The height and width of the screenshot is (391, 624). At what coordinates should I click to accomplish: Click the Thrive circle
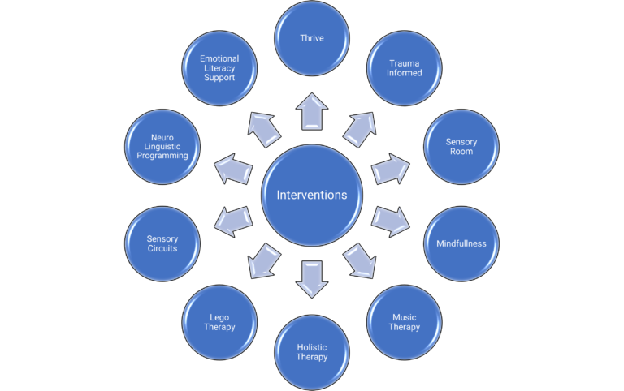click(x=312, y=38)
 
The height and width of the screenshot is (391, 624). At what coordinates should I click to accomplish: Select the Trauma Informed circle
click(x=405, y=68)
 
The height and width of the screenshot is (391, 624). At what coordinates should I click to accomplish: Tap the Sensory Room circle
click(x=461, y=147)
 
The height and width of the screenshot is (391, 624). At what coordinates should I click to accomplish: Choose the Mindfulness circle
click(x=461, y=243)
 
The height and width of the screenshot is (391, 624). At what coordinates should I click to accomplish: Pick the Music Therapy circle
click(x=405, y=322)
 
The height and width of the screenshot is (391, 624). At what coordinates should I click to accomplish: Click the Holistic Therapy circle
click(x=312, y=352)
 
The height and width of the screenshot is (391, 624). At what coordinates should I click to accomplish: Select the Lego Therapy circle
click(x=219, y=322)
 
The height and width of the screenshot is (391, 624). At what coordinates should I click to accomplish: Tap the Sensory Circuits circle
click(x=162, y=243)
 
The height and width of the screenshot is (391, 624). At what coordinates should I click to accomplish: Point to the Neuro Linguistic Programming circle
click(x=162, y=147)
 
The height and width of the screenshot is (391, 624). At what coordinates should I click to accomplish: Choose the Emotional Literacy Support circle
click(x=219, y=68)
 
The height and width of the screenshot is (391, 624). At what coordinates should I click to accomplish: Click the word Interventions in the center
click(x=312, y=195)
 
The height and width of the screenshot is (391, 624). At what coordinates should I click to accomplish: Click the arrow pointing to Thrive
click(x=312, y=112)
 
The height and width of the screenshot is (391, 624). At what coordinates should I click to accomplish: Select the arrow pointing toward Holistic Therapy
click(x=312, y=279)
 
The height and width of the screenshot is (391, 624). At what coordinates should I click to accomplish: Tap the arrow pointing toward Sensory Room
click(x=390, y=169)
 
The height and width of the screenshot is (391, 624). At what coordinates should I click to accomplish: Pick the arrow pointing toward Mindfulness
click(x=390, y=221)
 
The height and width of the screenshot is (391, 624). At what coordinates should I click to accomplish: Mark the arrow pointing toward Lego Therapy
click(x=264, y=261)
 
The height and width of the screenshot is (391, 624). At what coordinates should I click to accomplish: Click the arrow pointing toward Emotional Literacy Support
click(x=264, y=130)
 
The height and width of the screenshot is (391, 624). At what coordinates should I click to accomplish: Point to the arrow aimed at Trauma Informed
click(x=360, y=130)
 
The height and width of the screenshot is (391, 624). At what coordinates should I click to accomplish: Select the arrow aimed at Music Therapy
click(x=360, y=261)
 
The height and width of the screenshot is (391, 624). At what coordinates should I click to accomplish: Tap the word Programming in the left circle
click(x=162, y=156)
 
